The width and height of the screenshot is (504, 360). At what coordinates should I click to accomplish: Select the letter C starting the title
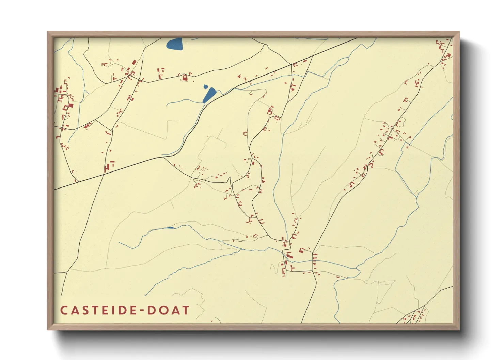[64, 310]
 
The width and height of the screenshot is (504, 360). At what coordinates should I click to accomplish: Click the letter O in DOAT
[163, 310]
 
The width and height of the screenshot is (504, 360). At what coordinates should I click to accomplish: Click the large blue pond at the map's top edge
[174, 44]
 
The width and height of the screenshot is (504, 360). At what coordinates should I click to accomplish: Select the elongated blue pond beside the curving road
[209, 95]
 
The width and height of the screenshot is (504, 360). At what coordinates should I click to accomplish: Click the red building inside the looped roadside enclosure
[185, 78]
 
